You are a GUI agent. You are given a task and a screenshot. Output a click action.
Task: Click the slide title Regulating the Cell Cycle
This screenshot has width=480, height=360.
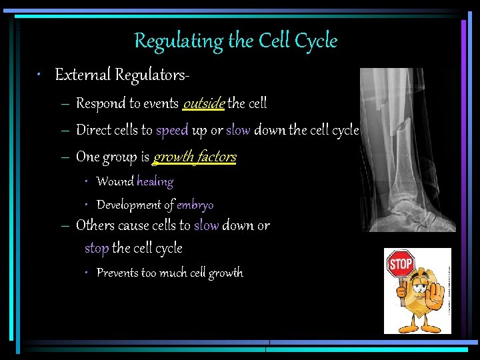click(236, 41)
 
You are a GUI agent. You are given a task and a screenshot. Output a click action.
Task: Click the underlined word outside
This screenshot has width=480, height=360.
click(204, 103)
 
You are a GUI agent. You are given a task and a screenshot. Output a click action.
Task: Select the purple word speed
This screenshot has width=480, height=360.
click(172, 130)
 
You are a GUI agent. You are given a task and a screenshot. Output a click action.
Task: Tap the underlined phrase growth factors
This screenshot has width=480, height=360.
click(195, 157)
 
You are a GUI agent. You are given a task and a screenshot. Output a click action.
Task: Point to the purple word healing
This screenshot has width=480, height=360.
click(155, 181)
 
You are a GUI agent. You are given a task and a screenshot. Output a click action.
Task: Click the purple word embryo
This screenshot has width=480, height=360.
click(195, 205)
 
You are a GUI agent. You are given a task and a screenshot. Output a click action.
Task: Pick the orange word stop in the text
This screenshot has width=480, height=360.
click(97, 249)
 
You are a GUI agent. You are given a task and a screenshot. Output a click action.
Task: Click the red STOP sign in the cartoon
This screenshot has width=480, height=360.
click(400, 264)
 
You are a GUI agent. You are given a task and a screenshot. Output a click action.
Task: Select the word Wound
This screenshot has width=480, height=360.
click(115, 181)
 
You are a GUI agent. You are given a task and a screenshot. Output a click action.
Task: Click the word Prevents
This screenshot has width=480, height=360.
click(117, 273)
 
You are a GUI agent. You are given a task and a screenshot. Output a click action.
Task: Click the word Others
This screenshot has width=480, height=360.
click(95, 225)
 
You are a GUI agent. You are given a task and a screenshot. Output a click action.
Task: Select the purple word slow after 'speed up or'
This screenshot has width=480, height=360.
click(238, 130)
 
